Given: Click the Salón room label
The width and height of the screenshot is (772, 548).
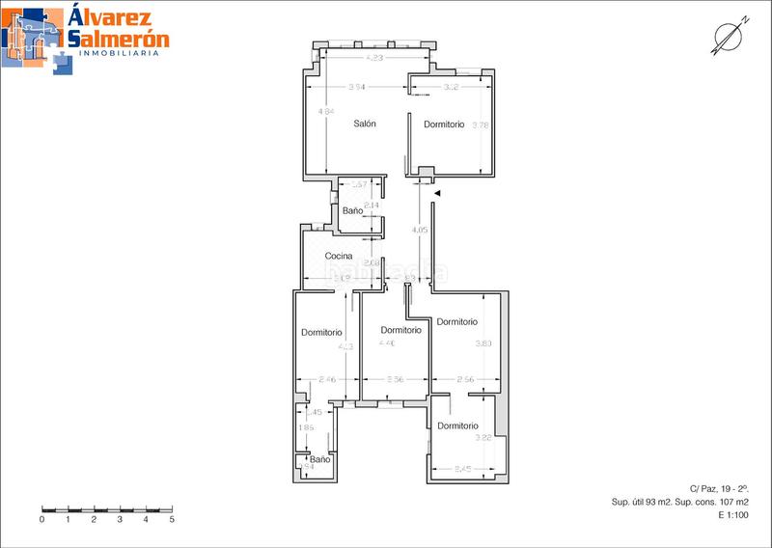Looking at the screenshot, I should pos(364,124).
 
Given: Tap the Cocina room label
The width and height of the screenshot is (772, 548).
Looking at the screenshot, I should pos(338,256).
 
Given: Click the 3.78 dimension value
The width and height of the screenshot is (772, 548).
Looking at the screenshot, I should pos(481,124).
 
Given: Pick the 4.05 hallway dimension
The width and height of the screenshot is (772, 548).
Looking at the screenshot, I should pos(419,231).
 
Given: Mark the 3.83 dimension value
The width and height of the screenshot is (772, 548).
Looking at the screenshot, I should pos(483,343).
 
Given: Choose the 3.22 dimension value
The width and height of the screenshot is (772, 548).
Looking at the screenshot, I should pos(483,438).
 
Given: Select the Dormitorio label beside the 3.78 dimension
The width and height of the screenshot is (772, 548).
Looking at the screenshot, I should pos(444,124).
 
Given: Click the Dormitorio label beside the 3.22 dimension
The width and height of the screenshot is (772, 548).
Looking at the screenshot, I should pos(456,425).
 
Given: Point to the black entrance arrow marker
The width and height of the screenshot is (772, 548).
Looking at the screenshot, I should pos(437,194).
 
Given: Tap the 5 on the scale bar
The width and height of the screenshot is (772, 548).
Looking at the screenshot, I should pos(172,519).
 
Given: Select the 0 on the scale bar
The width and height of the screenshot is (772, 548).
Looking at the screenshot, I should pos(42,519).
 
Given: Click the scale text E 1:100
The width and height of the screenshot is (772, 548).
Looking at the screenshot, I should pos(734,515).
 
